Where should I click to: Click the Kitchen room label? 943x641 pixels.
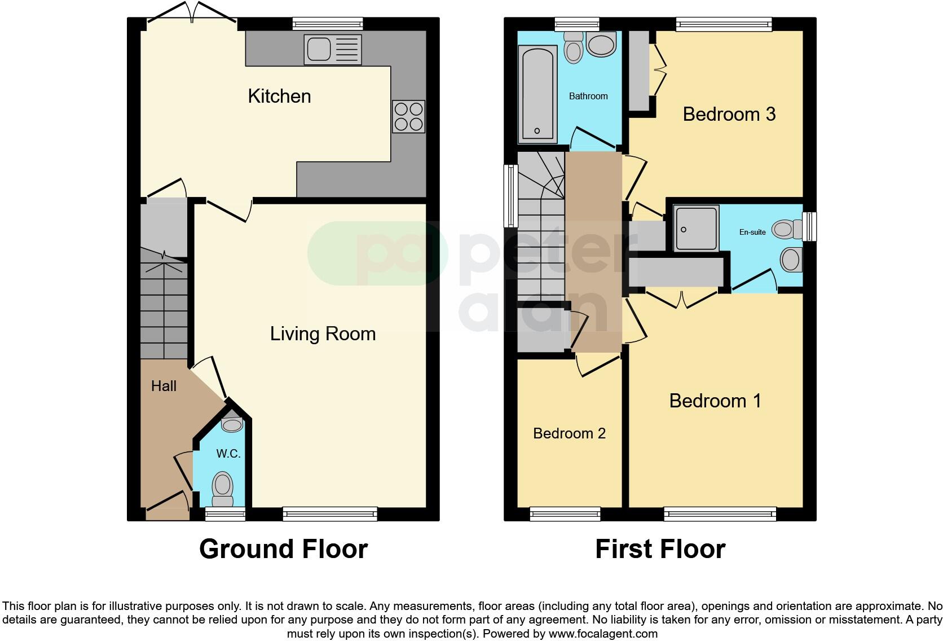pos(279,96)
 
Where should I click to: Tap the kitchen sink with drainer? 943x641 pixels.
pos(332,49)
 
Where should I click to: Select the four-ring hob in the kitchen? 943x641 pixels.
pos(409,116)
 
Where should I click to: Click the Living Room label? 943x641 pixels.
pos(323,334)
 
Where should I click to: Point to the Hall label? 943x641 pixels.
pos(164,386)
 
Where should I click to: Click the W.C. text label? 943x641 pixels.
pos(228,454)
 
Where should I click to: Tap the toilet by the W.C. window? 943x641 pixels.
pos(223,489)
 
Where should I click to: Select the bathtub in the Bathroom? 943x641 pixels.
pos(537,94)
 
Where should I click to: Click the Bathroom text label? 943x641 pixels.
pos(588,96)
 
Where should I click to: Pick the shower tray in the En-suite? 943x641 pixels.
pos(697,228)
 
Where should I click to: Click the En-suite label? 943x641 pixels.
pos(752,232)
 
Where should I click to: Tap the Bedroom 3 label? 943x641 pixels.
pos(729,115)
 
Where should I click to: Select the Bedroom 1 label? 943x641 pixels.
pos(715,401)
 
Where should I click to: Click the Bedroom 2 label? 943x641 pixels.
pos(569,433)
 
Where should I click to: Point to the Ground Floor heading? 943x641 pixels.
pos(283,549)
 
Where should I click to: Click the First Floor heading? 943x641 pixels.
pos(660,549)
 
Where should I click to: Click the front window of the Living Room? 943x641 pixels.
pos(330,513)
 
